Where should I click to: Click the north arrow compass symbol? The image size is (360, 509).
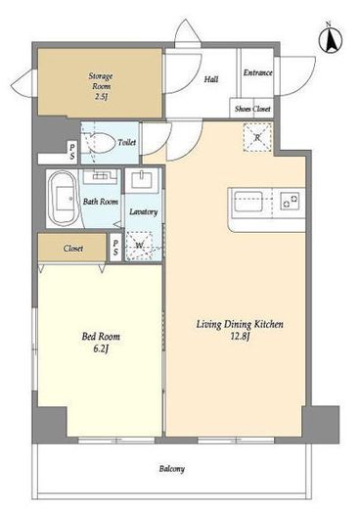pyautogui.click(x=331, y=39)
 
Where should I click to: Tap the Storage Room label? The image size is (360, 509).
pyautogui.click(x=101, y=81)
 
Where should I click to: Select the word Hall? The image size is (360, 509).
pyautogui.click(x=211, y=79)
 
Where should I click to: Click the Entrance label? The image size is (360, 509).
pyautogui.click(x=257, y=72)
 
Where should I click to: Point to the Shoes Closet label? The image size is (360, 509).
pyautogui.click(x=252, y=109)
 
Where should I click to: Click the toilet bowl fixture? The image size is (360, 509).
pyautogui.click(x=101, y=143)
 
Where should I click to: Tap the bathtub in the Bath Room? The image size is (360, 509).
pyautogui.click(x=63, y=198)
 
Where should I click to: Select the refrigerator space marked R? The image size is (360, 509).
pyautogui.click(x=257, y=137)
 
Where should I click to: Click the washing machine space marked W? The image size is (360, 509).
pyautogui.click(x=140, y=246)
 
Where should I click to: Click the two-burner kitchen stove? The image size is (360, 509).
pyautogui.click(x=290, y=201)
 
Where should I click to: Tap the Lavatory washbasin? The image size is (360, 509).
pyautogui.click(x=142, y=180)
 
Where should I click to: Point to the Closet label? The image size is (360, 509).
pyautogui.click(x=73, y=249)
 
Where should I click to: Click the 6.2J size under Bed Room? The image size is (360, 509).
pyautogui.click(x=101, y=348)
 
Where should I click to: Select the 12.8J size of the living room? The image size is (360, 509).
pyautogui.click(x=240, y=337)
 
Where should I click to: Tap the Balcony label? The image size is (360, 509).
pyautogui.click(x=172, y=469)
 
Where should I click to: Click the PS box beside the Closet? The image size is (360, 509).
pyautogui.click(x=115, y=248)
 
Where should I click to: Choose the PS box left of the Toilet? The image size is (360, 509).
pyautogui.click(x=72, y=152)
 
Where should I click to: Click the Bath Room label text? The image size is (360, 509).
pyautogui.click(x=101, y=202)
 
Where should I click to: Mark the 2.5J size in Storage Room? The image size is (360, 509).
pyautogui.click(x=101, y=97)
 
